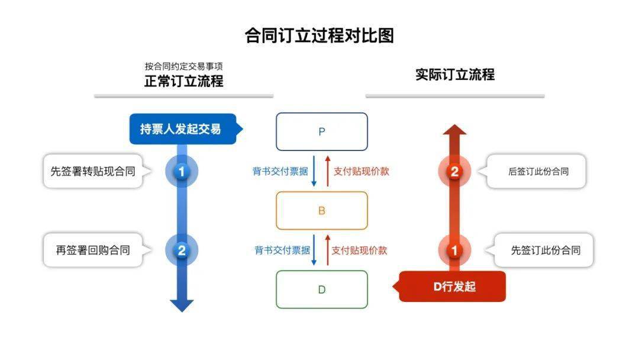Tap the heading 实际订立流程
[x=454, y=75]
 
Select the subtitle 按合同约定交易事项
[x=184, y=66]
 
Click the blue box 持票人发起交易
[x=181, y=129]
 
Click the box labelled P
[x=322, y=131]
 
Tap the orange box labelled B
[x=322, y=210]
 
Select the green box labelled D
[x=322, y=289]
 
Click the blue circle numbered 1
[x=182, y=172]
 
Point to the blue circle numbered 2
[x=182, y=250]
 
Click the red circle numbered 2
[x=454, y=172]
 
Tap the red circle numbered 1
[x=454, y=250]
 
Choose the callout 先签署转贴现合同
[x=93, y=172]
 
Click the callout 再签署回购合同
[x=93, y=250]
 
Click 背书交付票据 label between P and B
[x=280, y=172]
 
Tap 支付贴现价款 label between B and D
[x=359, y=250]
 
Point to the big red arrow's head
[x=454, y=131]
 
